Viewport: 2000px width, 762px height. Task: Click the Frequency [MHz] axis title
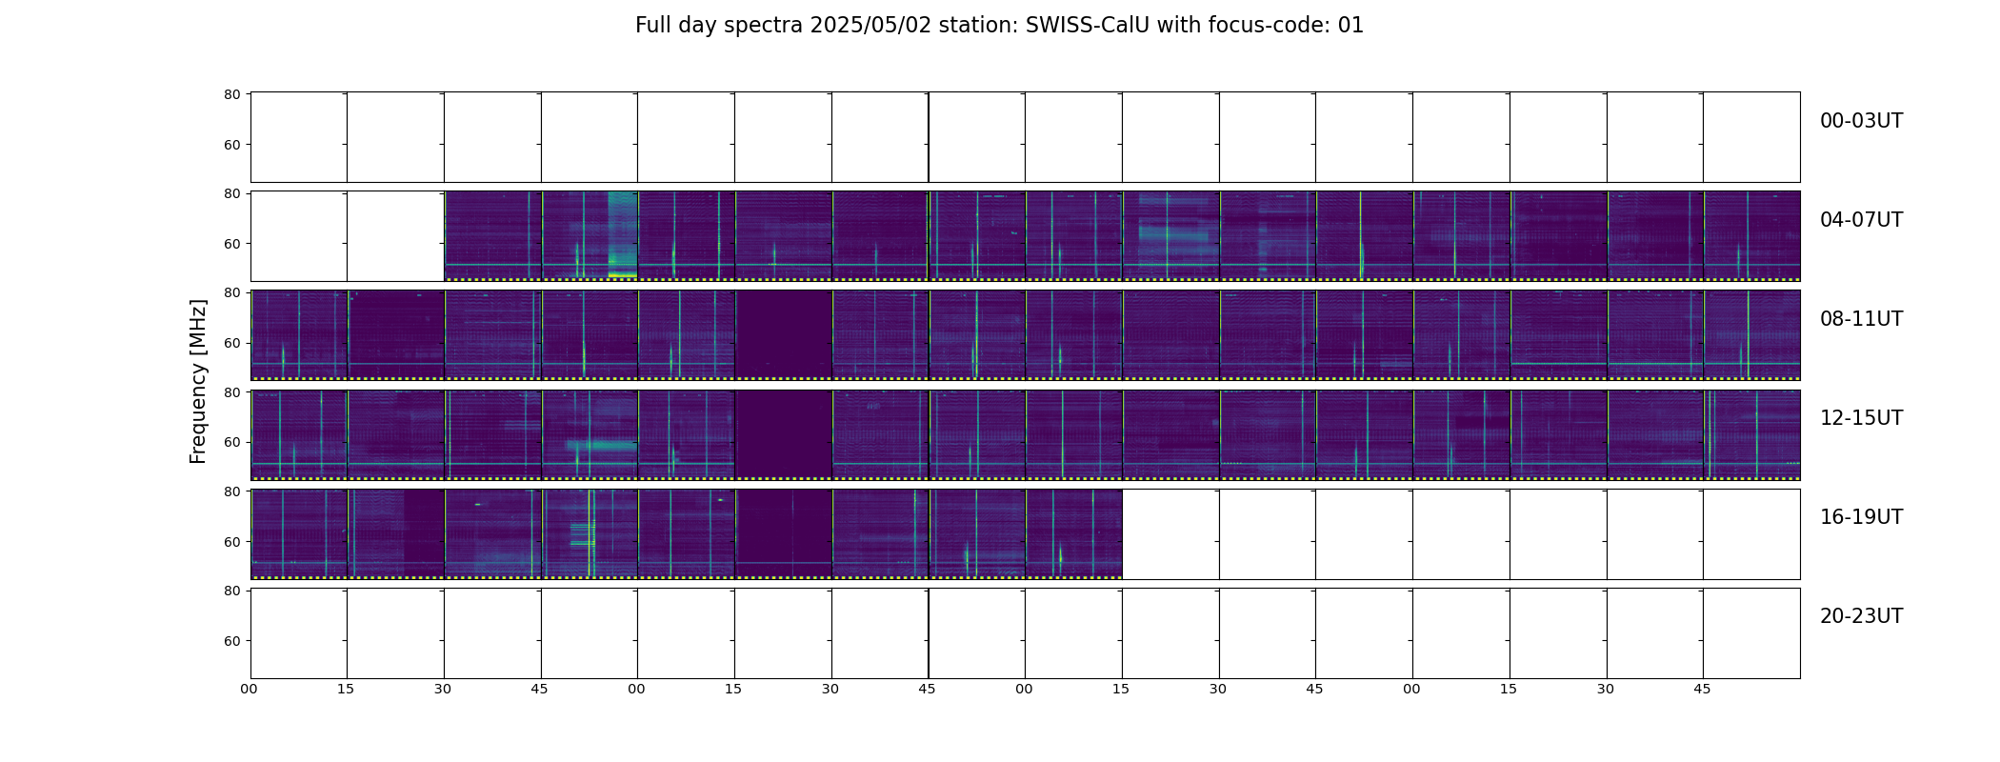(x=198, y=381)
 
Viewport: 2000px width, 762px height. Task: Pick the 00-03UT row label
(x=1861, y=121)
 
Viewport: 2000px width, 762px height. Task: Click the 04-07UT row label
(x=1861, y=220)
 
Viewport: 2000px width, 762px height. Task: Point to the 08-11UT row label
(x=1861, y=319)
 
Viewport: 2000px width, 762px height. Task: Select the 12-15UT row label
(x=1861, y=418)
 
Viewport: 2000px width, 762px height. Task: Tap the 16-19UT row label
(x=1861, y=517)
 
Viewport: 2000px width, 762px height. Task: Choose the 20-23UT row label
(x=1861, y=616)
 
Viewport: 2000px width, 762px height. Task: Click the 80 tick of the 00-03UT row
(x=231, y=94)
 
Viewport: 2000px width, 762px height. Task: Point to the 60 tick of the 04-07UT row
(x=231, y=244)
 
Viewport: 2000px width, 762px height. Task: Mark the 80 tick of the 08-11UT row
(x=231, y=292)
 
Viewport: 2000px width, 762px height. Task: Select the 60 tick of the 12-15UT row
(x=231, y=442)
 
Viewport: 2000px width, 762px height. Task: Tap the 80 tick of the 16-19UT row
(x=231, y=491)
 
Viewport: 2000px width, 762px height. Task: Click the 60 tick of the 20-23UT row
(x=231, y=641)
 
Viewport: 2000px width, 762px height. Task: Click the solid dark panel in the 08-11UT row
(x=783, y=334)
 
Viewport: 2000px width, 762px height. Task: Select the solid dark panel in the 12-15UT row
(x=783, y=433)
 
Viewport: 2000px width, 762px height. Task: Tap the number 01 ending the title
(x=1350, y=26)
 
